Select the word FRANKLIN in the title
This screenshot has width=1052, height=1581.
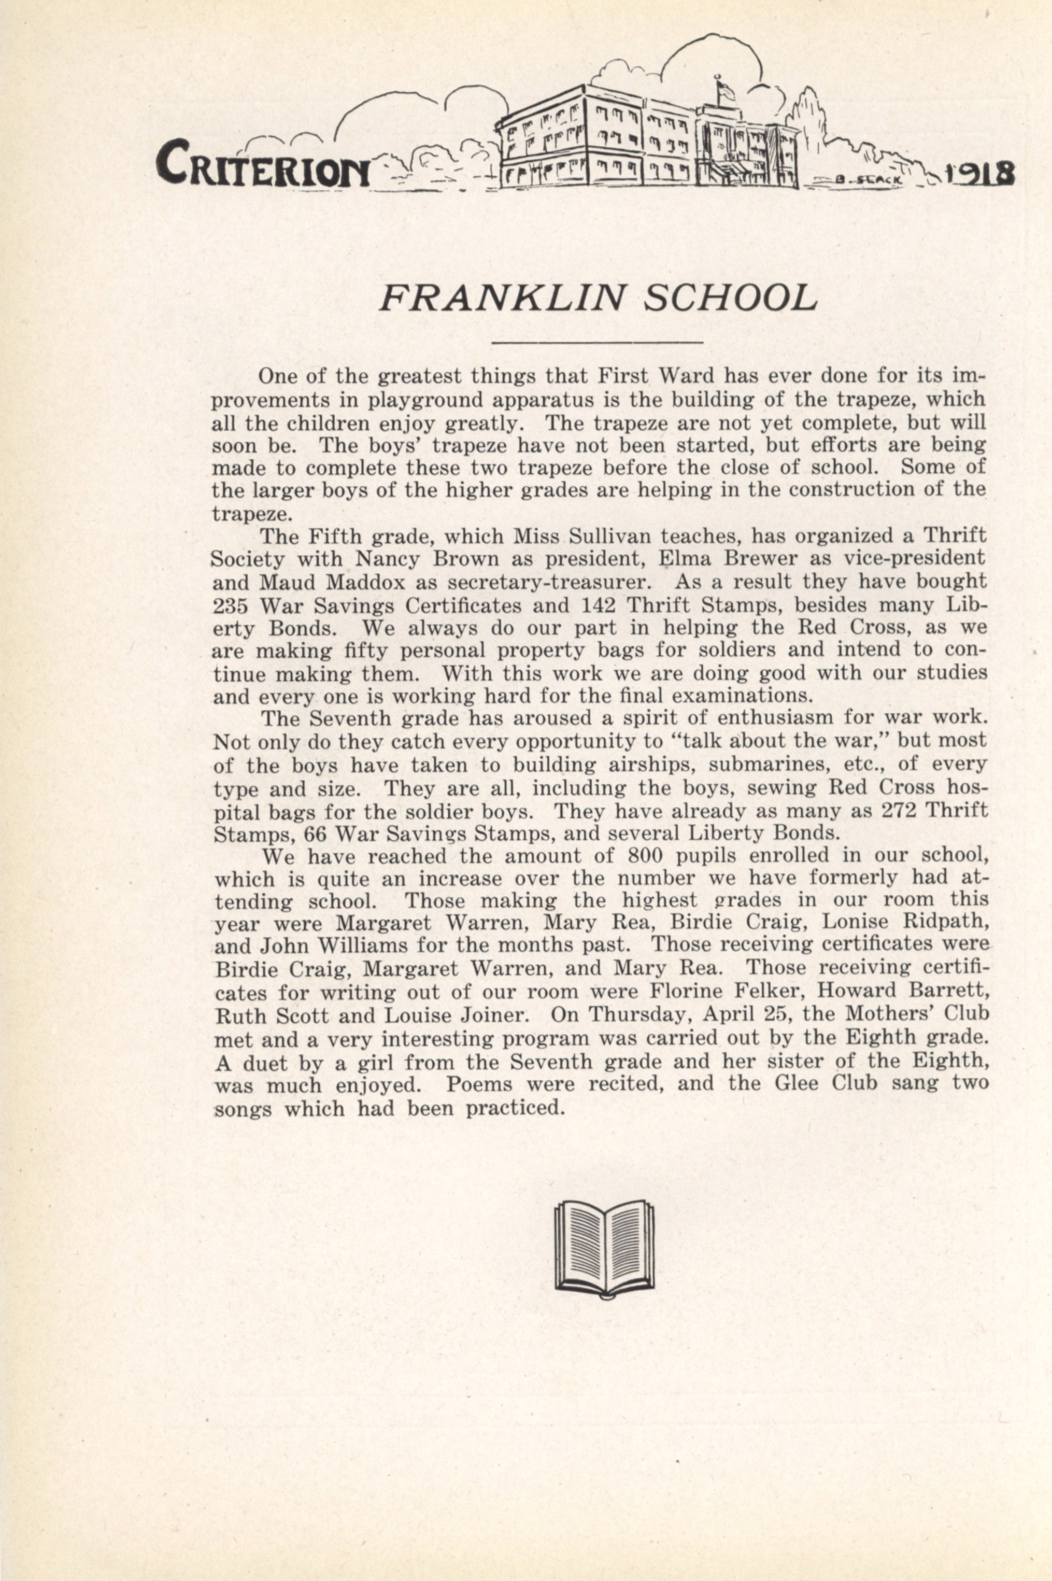pos(503,299)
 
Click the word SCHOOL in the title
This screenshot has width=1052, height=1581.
pos(730,299)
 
